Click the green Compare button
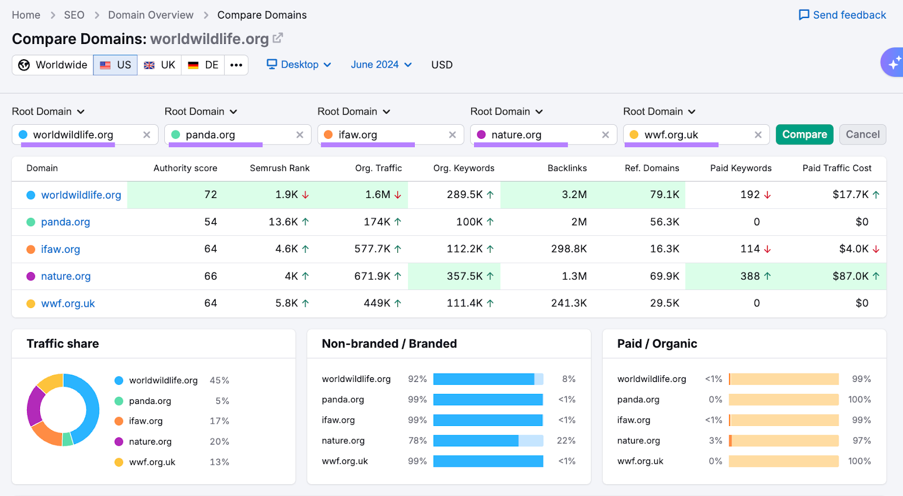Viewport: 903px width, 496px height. click(x=804, y=134)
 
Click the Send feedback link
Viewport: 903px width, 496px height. click(x=843, y=15)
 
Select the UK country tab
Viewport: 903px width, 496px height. click(x=160, y=65)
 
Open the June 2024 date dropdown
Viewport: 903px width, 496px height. click(x=381, y=65)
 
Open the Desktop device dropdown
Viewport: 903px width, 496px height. click(x=299, y=65)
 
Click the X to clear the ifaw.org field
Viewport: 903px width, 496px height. click(x=452, y=135)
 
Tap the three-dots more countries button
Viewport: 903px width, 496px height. click(x=236, y=65)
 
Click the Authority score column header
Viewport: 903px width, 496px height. click(x=185, y=168)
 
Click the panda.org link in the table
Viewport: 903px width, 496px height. click(x=65, y=222)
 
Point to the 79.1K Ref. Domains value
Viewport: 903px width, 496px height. click(x=664, y=195)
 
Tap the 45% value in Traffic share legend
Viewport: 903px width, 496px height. click(x=219, y=380)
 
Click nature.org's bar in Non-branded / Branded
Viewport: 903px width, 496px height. click(x=488, y=441)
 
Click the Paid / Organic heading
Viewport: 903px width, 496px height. click(x=657, y=344)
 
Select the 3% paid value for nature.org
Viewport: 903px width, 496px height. click(x=715, y=441)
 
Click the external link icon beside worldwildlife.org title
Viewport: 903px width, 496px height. click(x=278, y=38)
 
